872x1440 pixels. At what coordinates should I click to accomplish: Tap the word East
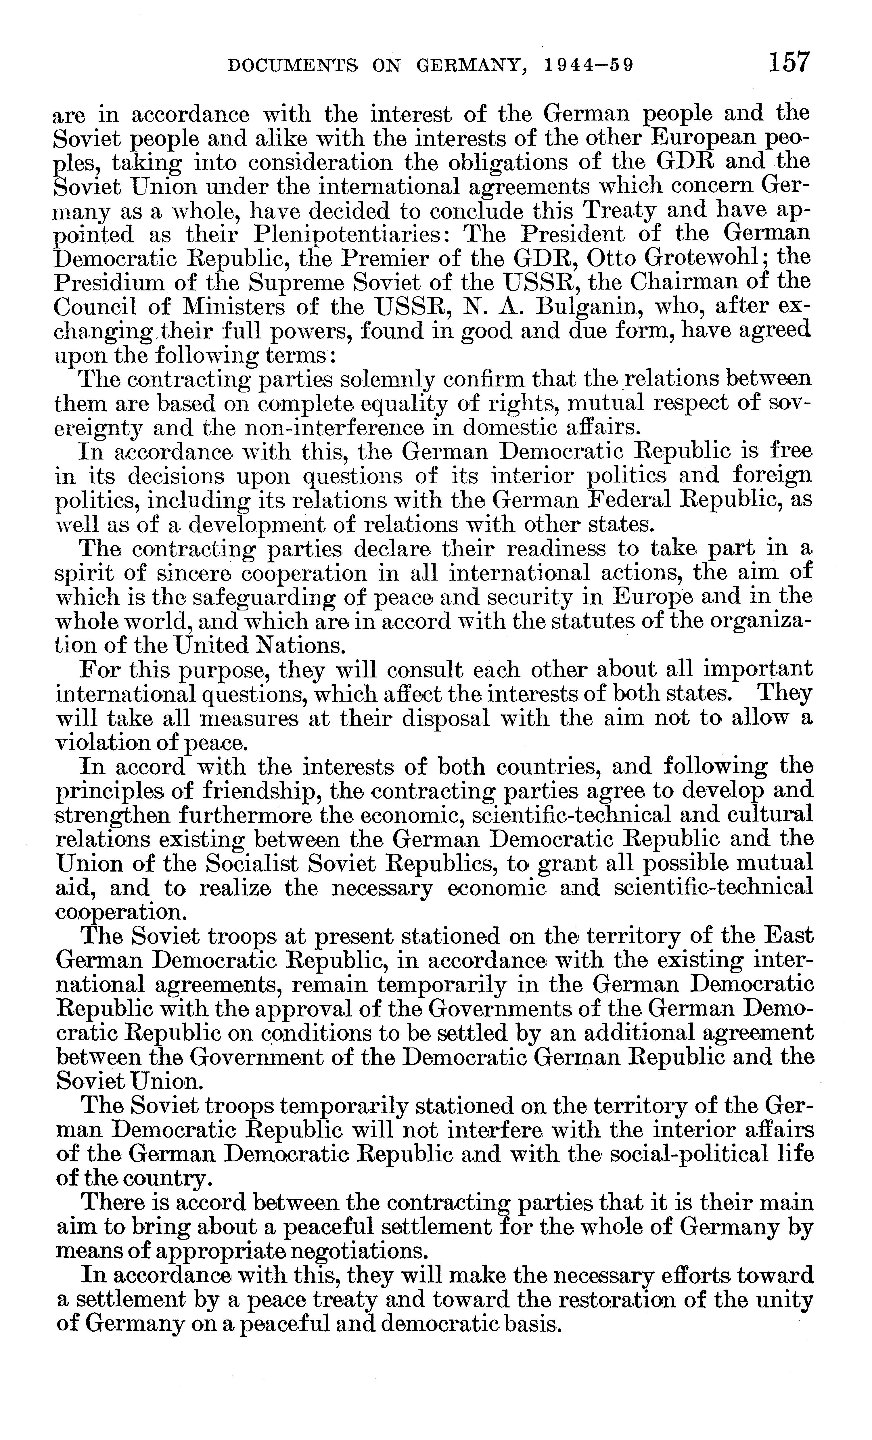coord(788,937)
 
